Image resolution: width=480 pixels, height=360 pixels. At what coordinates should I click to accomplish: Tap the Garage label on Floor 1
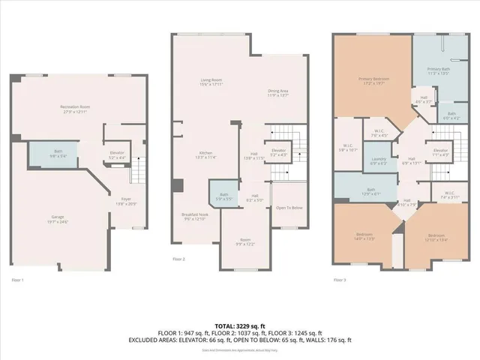pyautogui.click(x=58, y=217)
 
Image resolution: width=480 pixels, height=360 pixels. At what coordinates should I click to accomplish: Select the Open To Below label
pyautogui.click(x=288, y=207)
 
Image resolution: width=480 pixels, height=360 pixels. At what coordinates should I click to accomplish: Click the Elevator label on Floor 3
pyautogui.click(x=440, y=150)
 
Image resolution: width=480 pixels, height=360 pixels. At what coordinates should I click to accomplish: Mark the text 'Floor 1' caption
pyautogui.click(x=18, y=280)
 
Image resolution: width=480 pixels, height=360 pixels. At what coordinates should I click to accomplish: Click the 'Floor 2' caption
pyautogui.click(x=178, y=259)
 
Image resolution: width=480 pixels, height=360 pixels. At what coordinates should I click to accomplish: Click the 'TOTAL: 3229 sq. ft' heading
pyautogui.click(x=239, y=326)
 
